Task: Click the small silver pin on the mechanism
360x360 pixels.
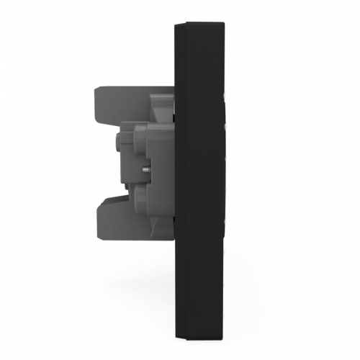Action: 146,169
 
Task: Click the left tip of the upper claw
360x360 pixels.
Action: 96,101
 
